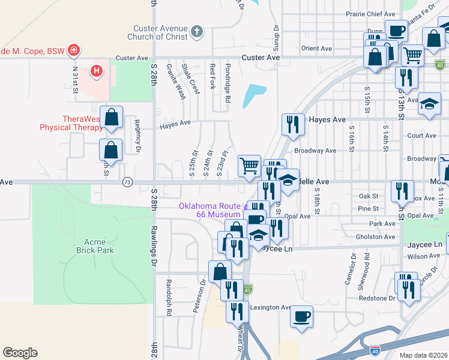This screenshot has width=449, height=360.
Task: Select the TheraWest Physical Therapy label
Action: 71,123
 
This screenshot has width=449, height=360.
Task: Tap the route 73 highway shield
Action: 127,182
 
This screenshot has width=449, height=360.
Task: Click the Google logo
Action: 20,353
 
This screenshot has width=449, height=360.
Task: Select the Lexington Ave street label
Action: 270,307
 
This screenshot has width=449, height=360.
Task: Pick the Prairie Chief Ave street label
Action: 371,14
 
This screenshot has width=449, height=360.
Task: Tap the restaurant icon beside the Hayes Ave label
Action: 293,124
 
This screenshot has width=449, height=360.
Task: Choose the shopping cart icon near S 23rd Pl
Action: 249,165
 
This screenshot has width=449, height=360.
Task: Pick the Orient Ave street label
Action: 317,48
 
